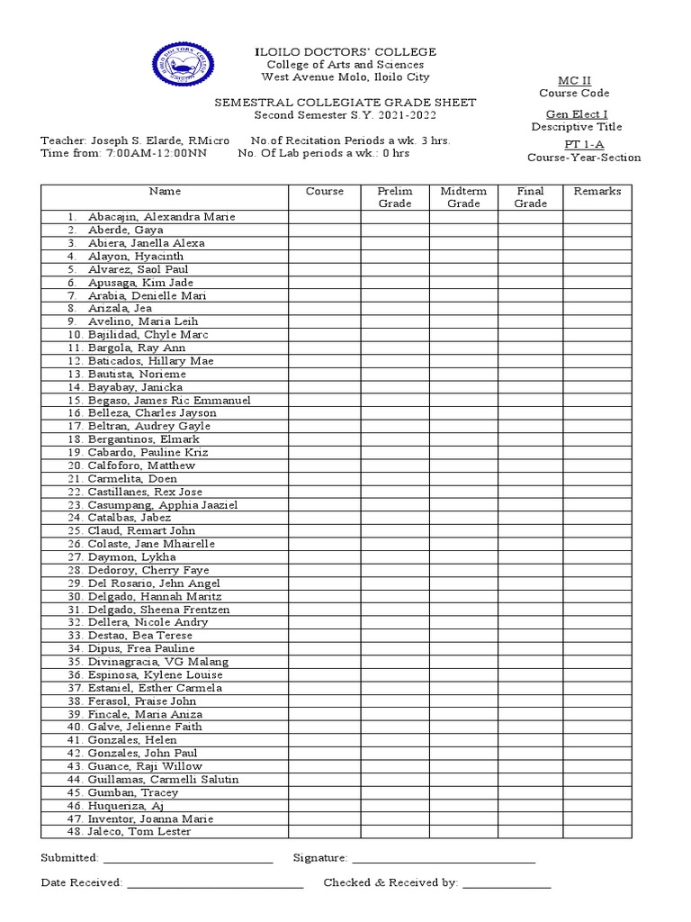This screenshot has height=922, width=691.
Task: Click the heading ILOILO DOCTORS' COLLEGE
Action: click(x=345, y=52)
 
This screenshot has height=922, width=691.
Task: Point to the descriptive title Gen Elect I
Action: click(x=577, y=113)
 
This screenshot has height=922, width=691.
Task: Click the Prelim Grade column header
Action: click(x=395, y=197)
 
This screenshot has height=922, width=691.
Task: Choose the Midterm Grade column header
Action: click(x=463, y=197)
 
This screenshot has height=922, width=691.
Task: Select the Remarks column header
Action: click(x=597, y=191)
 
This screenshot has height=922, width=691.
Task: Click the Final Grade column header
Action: click(x=531, y=197)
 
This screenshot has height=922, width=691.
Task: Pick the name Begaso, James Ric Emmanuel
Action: click(x=169, y=400)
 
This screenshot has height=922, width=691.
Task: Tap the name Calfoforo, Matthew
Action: click(x=141, y=466)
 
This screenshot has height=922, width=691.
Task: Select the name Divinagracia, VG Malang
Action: click(x=158, y=662)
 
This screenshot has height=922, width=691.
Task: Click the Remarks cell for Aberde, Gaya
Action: click(x=597, y=230)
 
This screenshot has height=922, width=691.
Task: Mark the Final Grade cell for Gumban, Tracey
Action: click(x=531, y=792)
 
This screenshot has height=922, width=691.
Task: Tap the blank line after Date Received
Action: click(x=215, y=884)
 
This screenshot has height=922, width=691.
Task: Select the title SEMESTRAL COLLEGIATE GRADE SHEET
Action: click(x=345, y=103)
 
